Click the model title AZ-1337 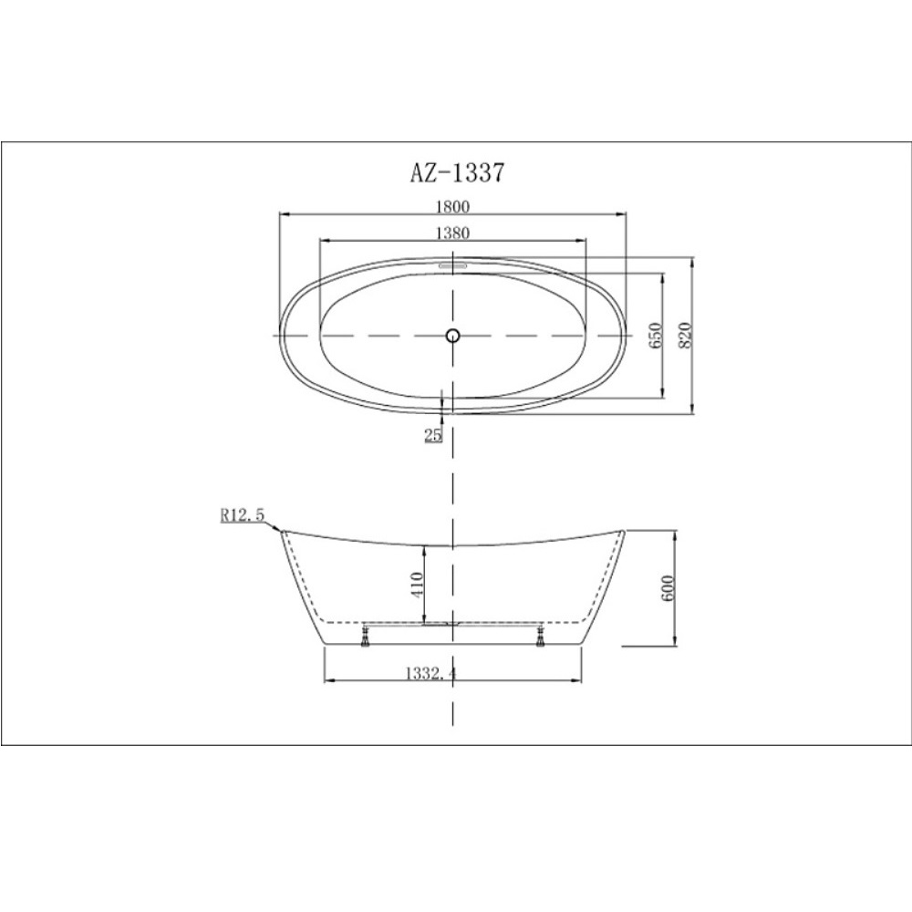click(x=457, y=172)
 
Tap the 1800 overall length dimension click(x=452, y=206)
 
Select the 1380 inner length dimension click(x=452, y=233)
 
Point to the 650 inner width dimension click(x=655, y=336)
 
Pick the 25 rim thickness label click(x=433, y=435)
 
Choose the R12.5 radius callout click(x=242, y=514)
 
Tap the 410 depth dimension click(x=417, y=584)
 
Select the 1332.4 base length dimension click(x=430, y=674)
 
